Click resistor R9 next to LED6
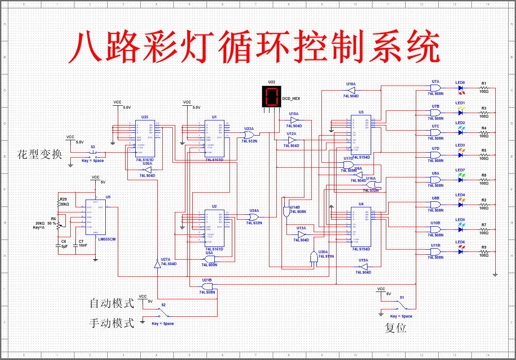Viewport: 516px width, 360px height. click(x=484, y=251)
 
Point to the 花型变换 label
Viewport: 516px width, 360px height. click(x=40, y=154)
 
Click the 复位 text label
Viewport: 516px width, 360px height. click(x=396, y=328)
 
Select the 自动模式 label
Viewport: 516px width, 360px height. click(x=112, y=303)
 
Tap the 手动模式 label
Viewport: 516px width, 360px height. click(x=112, y=323)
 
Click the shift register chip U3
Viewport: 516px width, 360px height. click(x=361, y=135)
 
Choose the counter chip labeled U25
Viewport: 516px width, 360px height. click(x=145, y=138)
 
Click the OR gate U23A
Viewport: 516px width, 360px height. click(x=249, y=135)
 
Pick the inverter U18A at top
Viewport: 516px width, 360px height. click(x=350, y=90)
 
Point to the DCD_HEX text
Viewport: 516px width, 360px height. click(x=291, y=98)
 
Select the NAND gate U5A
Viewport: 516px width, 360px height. click(x=210, y=259)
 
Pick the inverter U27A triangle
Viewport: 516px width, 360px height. click(x=157, y=264)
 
